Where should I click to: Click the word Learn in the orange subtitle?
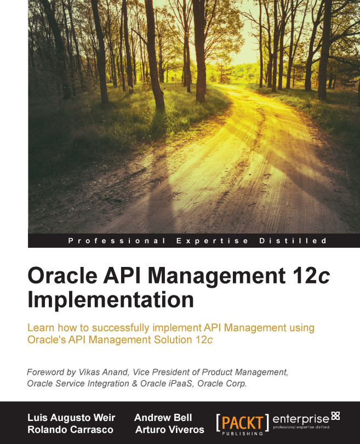tap(42, 328)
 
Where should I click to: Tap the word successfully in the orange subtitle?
tap(116, 328)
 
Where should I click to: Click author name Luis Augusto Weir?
tap(71, 418)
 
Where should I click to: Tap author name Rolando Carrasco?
tap(66, 429)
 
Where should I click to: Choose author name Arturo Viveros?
tap(169, 429)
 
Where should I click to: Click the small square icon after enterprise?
tap(336, 415)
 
